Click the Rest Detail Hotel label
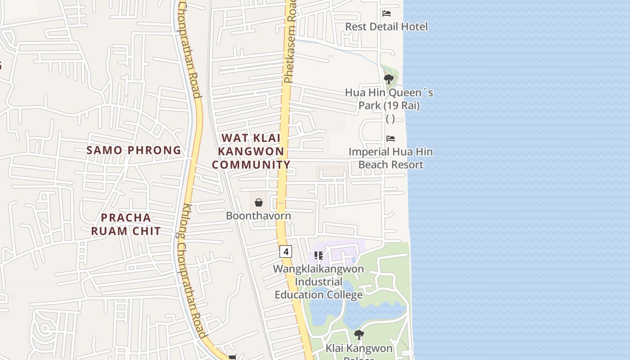(x=386, y=27)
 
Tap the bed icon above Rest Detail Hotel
(x=387, y=13)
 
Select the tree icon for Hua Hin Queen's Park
(x=389, y=80)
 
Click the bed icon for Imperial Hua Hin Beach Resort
(x=391, y=139)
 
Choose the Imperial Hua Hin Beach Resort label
(x=391, y=158)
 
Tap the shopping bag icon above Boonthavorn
(x=259, y=202)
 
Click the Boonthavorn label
(x=258, y=216)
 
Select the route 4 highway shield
(x=286, y=251)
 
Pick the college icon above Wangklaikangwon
(x=319, y=256)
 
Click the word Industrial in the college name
(x=319, y=282)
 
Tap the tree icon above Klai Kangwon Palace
(x=359, y=335)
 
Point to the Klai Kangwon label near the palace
(x=359, y=348)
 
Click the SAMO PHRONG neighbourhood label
(x=134, y=150)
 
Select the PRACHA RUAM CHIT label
(x=126, y=224)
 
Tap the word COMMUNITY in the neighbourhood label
(x=251, y=165)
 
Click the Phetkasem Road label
(x=290, y=43)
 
